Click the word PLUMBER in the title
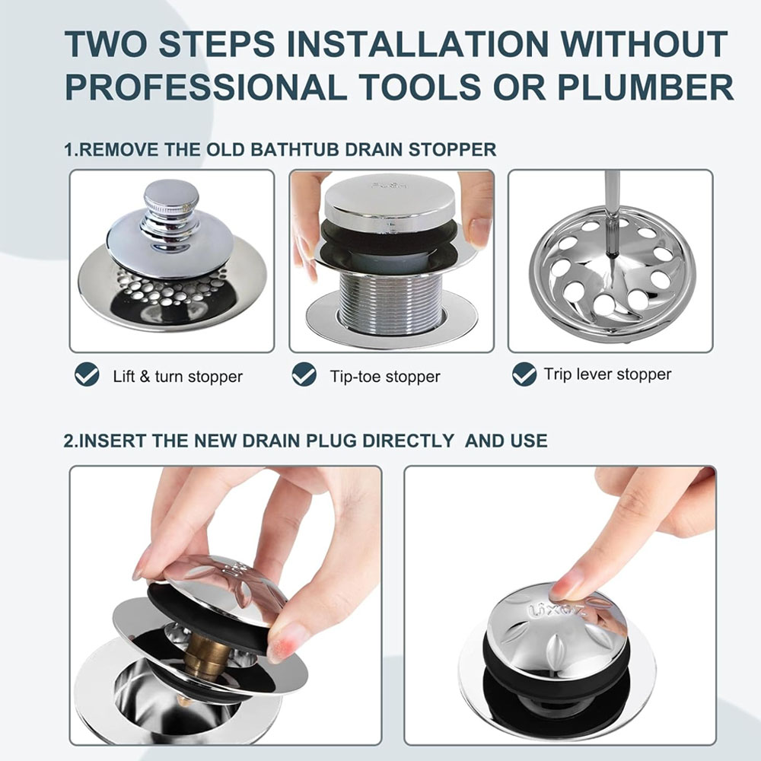click(x=645, y=87)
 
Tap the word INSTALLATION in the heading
click(x=417, y=43)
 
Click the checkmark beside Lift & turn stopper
click(x=87, y=374)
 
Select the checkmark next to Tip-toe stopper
click(x=304, y=374)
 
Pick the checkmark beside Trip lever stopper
click(x=524, y=374)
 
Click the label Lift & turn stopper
click(x=177, y=377)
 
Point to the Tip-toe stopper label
click(x=385, y=377)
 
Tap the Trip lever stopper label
click(x=607, y=374)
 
